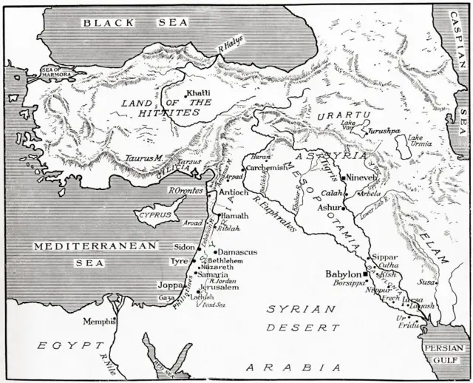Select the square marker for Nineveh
tap(344, 178)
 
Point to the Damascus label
tap(236, 253)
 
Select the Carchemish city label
tap(268, 168)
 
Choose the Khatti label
tap(199, 92)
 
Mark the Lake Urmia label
tap(417, 141)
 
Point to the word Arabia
tap(293, 367)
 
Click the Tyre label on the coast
tap(179, 262)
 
